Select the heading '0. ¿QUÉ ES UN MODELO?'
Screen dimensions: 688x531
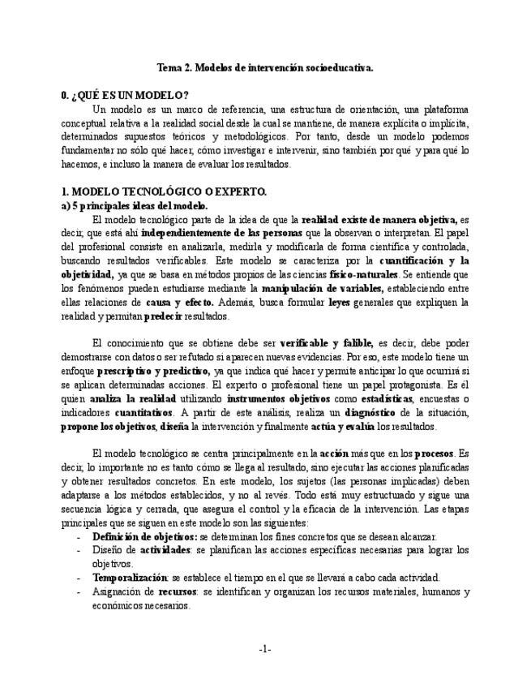125,96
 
